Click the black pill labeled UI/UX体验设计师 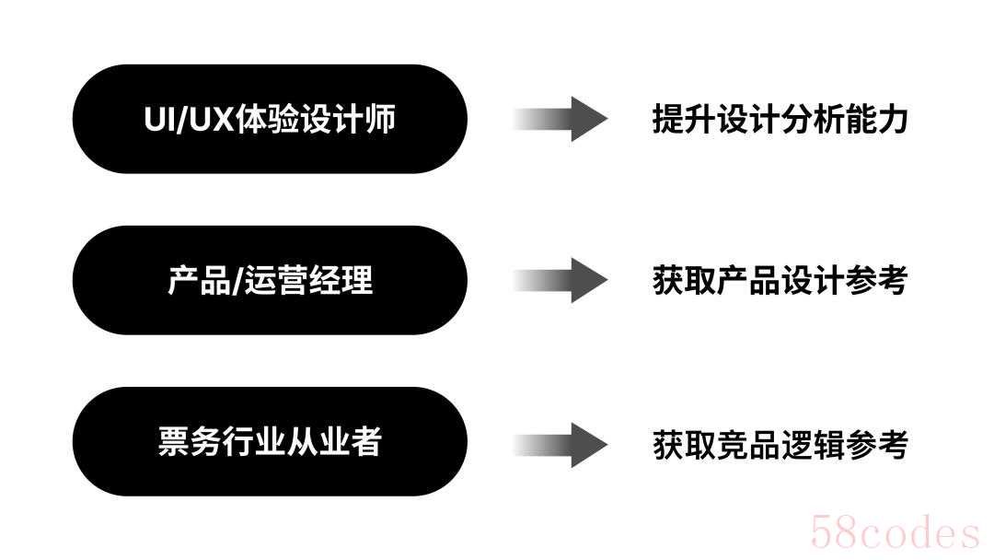click(x=269, y=119)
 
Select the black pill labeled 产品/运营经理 click(x=269, y=280)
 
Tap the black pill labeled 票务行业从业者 click(x=269, y=441)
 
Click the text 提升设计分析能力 click(x=780, y=119)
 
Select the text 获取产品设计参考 click(x=780, y=280)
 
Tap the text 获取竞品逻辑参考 click(x=780, y=445)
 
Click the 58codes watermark click(x=894, y=533)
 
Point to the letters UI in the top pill click(x=160, y=120)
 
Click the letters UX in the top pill click(x=211, y=120)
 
